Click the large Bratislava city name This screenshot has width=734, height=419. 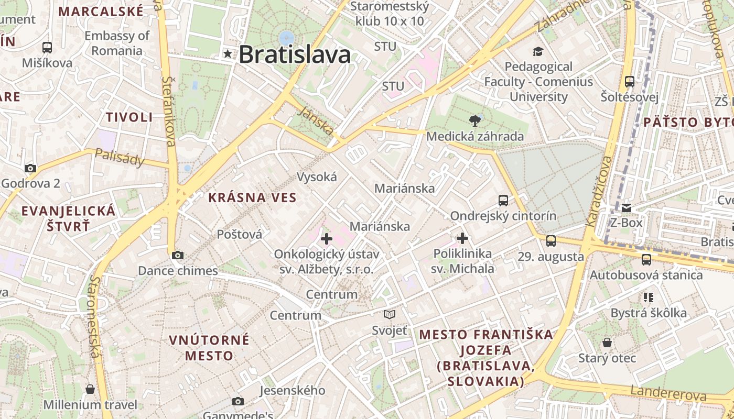(295, 54)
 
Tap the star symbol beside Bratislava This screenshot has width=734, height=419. (228, 53)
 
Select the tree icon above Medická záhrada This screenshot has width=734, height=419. (475, 121)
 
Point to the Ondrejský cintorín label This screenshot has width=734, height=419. (503, 216)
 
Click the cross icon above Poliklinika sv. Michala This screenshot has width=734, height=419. (462, 239)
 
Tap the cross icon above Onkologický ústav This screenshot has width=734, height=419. (327, 239)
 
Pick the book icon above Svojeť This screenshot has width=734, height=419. (389, 314)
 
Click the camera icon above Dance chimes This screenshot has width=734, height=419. (178, 255)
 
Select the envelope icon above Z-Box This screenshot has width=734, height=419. (626, 208)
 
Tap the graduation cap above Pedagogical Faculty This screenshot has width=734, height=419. (538, 51)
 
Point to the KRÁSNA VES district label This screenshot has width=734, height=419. (252, 198)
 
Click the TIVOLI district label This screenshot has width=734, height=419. (129, 117)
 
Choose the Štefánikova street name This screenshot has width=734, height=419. (169, 111)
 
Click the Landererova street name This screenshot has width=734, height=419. (668, 393)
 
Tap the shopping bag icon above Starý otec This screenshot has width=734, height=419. (607, 343)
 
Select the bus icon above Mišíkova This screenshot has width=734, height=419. (47, 48)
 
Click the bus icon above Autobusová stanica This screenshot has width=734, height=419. (646, 259)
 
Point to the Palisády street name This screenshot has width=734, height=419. (120, 157)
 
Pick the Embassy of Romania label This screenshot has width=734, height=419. (117, 43)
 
